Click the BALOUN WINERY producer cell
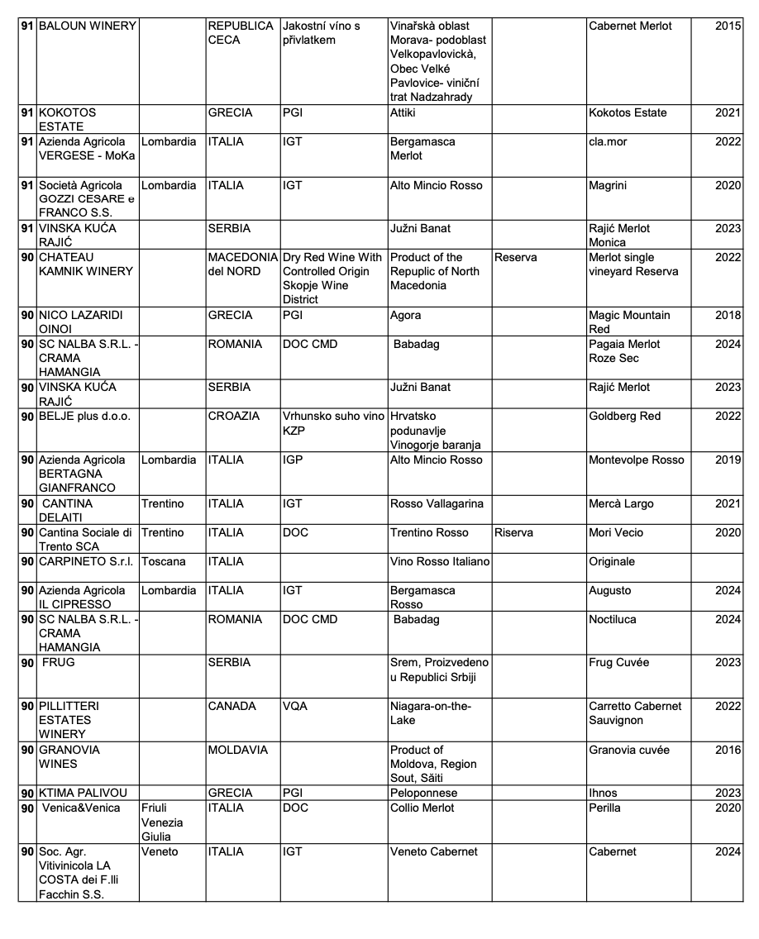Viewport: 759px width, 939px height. click(x=87, y=26)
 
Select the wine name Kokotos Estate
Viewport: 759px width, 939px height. click(x=627, y=113)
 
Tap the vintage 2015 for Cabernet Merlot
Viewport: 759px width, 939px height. click(x=728, y=26)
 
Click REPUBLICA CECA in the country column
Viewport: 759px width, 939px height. click(x=240, y=33)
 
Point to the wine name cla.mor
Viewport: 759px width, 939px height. click(x=608, y=142)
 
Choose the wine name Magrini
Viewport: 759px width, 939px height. click(x=608, y=186)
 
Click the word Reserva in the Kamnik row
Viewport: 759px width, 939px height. click(x=516, y=258)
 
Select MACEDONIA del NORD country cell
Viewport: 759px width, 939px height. click(x=243, y=265)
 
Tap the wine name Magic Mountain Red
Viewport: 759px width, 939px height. click(x=628, y=322)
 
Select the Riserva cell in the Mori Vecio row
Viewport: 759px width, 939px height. click(x=514, y=533)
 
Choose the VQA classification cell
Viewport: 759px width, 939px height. click(x=295, y=707)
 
